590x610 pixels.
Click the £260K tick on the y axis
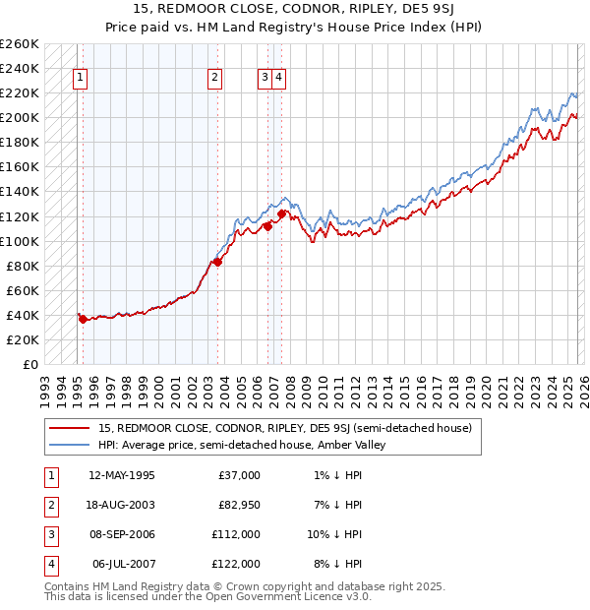coord(20,44)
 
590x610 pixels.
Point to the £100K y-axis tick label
coord(20,241)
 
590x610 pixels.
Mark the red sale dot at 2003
coord(218,262)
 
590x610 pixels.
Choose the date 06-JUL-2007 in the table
coord(121,564)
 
